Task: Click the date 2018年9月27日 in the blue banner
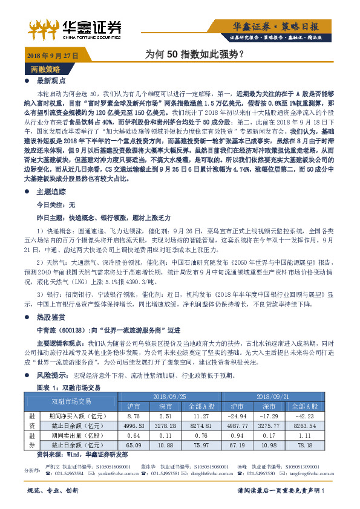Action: coord(53,56)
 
